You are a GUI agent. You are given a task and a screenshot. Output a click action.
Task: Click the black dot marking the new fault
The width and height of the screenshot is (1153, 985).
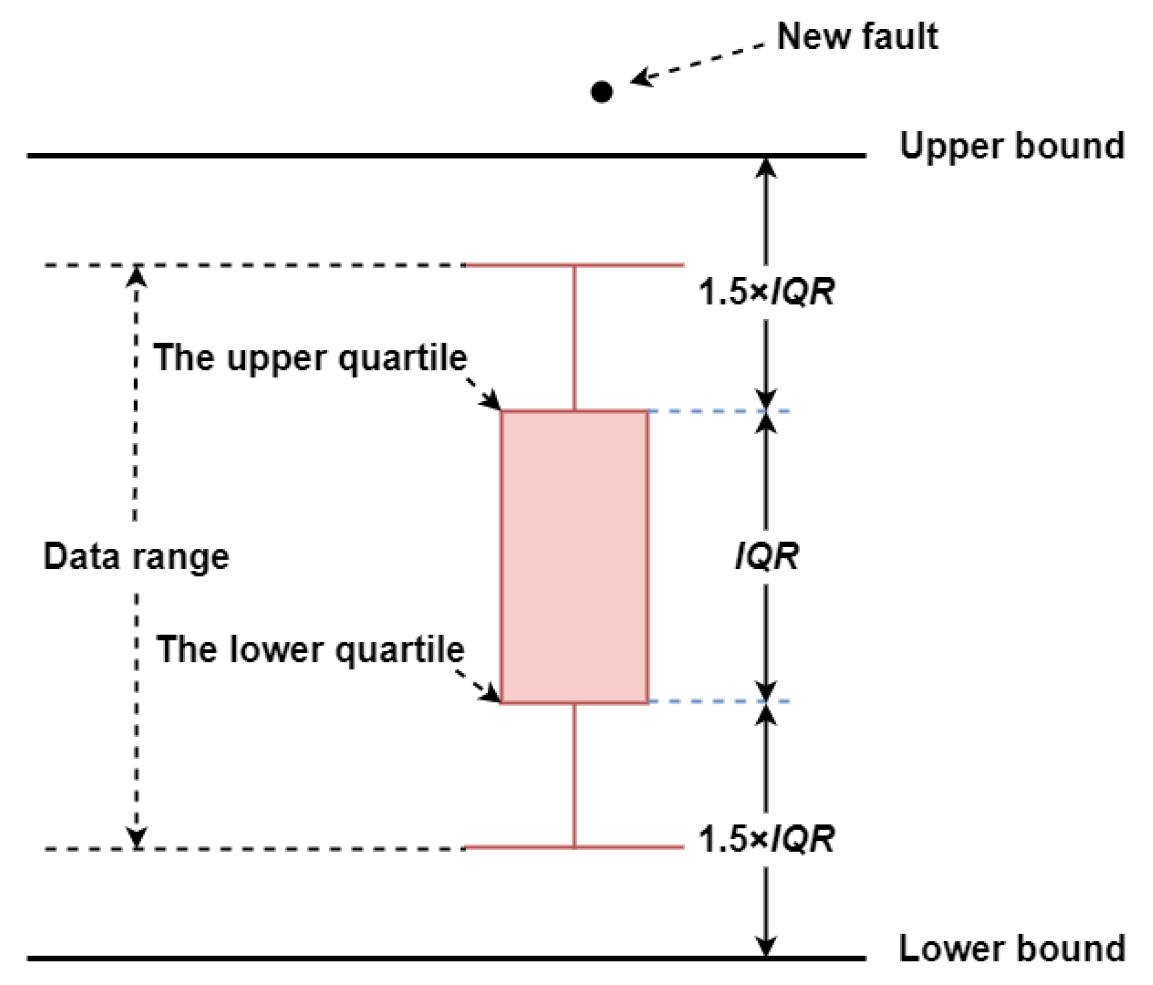click(601, 92)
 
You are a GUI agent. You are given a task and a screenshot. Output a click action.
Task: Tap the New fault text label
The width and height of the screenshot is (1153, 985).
click(856, 37)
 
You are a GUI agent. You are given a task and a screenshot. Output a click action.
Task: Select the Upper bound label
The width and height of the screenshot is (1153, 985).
click(1011, 146)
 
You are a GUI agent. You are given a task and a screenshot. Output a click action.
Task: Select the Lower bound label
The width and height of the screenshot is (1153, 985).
click(1011, 948)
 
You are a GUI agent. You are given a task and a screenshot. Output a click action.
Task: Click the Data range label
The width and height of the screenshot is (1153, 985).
click(136, 557)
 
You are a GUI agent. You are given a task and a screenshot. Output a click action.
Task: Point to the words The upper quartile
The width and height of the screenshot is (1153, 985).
click(310, 357)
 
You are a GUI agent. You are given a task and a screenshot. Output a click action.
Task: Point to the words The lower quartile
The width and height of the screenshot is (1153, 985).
click(310, 649)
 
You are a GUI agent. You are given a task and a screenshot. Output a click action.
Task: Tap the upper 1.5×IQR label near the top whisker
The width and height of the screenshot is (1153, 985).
click(766, 292)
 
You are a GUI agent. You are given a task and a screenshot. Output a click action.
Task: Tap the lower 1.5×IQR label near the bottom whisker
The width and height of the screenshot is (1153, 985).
click(766, 838)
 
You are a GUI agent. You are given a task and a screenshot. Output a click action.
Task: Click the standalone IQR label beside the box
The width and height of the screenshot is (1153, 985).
click(767, 557)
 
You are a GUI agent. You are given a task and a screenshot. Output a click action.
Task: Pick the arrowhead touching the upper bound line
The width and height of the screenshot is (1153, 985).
click(766, 168)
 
